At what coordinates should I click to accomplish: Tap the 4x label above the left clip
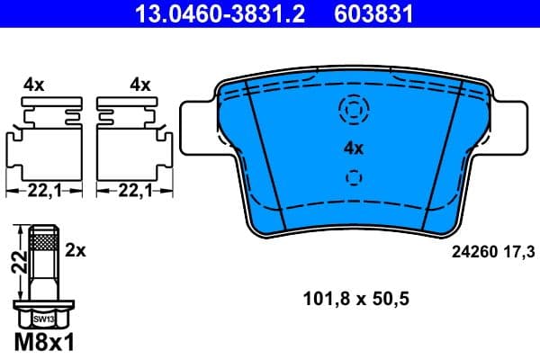click(34, 85)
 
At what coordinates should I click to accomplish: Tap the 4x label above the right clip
click(139, 85)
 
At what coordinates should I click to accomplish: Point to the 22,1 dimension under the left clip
click(43, 191)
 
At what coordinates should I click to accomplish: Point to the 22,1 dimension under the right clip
click(131, 191)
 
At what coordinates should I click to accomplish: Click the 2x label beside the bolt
click(76, 252)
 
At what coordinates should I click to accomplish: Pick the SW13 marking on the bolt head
click(43, 319)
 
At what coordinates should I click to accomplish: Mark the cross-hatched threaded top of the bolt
click(43, 239)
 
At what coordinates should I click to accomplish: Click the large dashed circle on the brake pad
click(353, 110)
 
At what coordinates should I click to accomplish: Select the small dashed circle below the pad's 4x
click(353, 178)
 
